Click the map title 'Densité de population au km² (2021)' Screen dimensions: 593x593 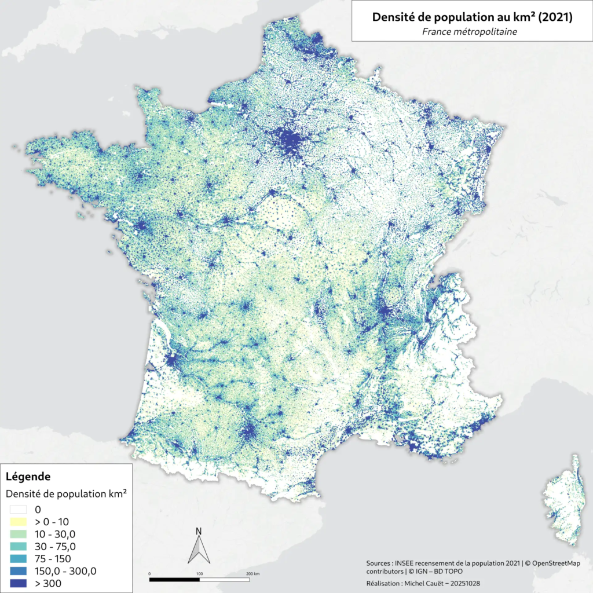pos(472,17)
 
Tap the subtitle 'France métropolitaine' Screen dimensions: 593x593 pos(472,32)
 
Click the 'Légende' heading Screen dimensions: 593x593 pos(28,477)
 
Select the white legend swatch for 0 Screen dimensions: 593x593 pos(18,510)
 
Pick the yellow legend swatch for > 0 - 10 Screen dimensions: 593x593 pos(18,522)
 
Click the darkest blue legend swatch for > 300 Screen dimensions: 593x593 pos(18,583)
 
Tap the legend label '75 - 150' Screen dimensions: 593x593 pos(52,559)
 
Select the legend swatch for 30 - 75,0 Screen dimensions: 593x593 pos(18,546)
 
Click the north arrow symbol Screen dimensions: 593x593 pos(199,550)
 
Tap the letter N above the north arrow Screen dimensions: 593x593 pos(199,531)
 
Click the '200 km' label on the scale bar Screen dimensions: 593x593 pos(253,573)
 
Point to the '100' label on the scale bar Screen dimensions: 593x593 pos(200,573)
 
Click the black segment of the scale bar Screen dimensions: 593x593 pos(174,579)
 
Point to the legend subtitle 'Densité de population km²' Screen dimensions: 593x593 pos(66,494)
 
